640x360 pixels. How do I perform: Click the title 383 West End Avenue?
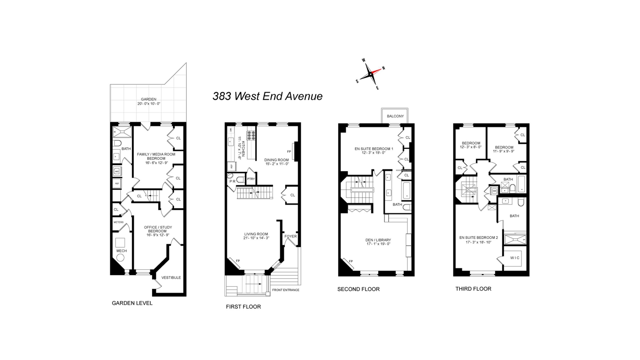point(267,96)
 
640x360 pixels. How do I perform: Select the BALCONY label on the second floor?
point(395,116)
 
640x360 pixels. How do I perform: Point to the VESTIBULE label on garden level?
point(171,277)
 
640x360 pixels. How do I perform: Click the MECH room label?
point(121,251)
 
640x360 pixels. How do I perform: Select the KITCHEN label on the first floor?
point(243,149)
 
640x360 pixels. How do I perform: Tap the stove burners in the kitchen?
point(251,135)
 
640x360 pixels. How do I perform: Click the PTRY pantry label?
point(251,179)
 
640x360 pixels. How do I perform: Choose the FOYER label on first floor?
point(290,236)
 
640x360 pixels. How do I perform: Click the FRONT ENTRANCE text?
point(286,290)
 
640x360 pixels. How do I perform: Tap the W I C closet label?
point(515,258)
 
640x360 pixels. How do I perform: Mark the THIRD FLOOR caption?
point(473,289)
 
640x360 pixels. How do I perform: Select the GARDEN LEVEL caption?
point(132,303)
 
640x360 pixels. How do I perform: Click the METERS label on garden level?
point(118,222)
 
